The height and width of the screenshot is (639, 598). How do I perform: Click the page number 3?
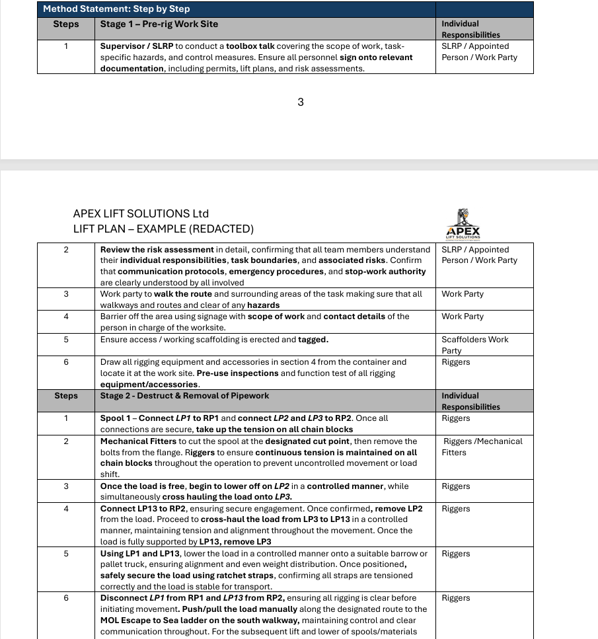(301, 102)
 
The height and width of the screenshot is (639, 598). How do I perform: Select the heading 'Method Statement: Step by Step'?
(116, 9)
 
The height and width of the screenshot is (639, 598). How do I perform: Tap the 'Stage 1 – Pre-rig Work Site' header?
(159, 24)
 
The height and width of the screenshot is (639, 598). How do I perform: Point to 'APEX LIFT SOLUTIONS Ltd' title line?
(141, 213)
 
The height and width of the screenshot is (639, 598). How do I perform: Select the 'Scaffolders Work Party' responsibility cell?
(474, 344)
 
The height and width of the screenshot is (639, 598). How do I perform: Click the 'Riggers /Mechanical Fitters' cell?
(482, 447)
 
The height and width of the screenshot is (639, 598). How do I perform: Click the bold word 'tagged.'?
(313, 340)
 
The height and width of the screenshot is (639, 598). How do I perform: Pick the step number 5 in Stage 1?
(66, 340)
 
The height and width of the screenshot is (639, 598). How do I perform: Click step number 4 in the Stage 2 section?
(66, 509)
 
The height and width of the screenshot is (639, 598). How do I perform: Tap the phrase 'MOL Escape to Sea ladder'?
(156, 620)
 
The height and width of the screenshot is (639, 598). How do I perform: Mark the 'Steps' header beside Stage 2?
(66, 396)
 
